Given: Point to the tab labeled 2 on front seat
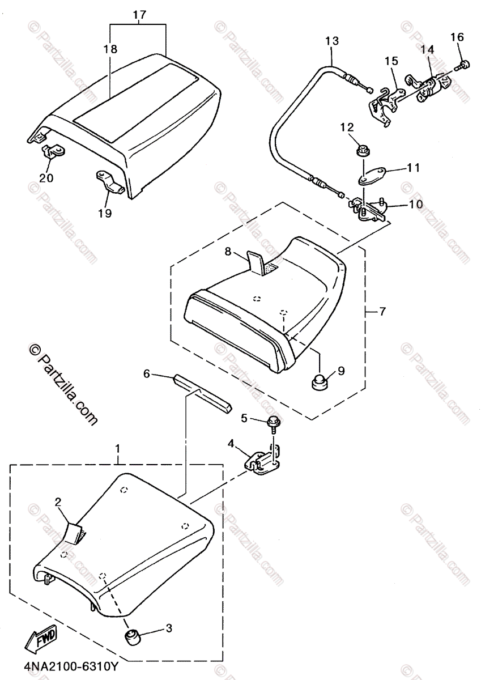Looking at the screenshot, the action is [74, 531].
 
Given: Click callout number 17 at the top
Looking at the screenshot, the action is [139, 15].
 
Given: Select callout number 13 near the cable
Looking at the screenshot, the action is [332, 41].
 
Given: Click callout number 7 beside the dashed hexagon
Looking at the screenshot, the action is [383, 311].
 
